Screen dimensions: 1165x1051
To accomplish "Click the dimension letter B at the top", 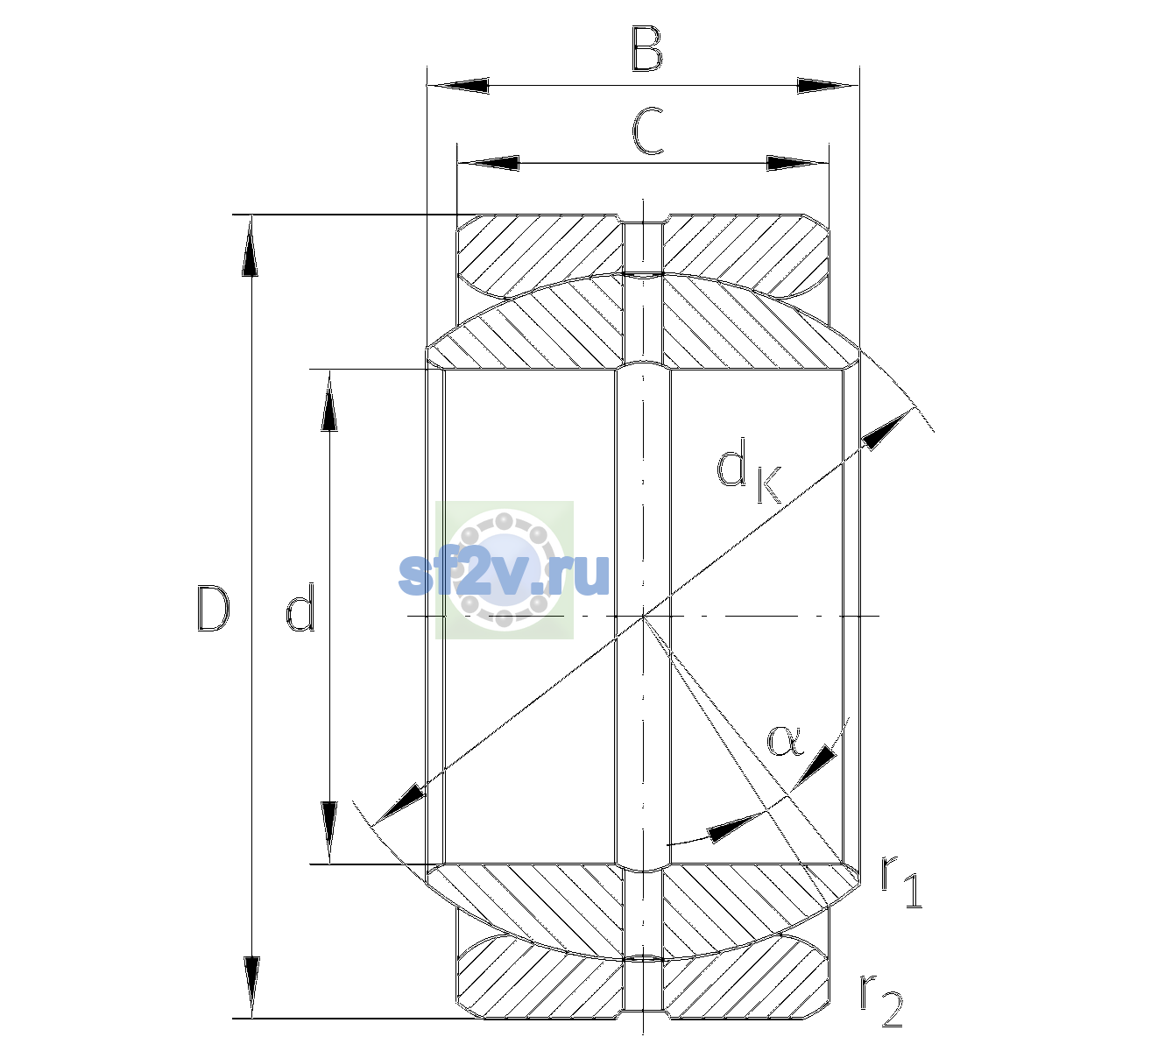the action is coord(647,49).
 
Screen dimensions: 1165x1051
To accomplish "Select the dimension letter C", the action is coord(647,131).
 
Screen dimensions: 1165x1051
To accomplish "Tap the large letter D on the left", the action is coord(213,609).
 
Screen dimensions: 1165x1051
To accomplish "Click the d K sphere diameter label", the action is coord(749,469).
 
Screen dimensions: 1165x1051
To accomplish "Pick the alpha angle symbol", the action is coord(786,741).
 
